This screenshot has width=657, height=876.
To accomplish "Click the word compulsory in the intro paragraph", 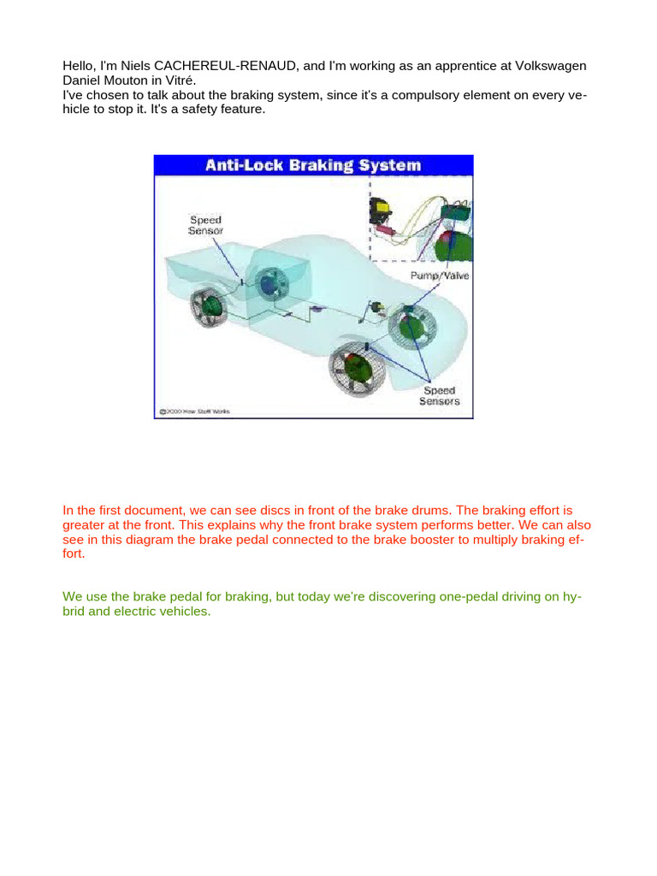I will (x=405, y=96).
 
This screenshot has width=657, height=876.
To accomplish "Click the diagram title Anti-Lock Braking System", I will (x=313, y=164).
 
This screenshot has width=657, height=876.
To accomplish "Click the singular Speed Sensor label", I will (x=205, y=226).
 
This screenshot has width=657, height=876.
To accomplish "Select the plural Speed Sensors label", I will (x=439, y=395).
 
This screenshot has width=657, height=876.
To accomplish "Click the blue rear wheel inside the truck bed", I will (x=275, y=285).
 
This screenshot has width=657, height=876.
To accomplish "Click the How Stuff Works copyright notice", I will (x=193, y=411).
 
